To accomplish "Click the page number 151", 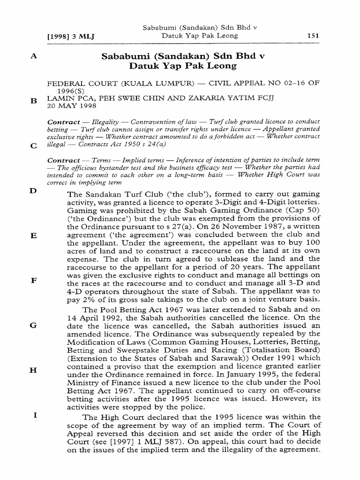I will point(313,35).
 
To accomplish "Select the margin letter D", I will point(33,191).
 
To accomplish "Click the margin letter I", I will point(34,414).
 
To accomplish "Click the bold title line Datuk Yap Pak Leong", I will point(183,66).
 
